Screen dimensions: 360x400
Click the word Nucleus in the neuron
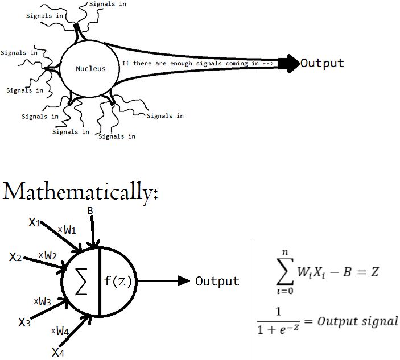pos(90,69)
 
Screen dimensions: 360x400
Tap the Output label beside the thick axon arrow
pos(322,63)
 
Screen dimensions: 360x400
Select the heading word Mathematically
pos(80,192)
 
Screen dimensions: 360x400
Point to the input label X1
pos(35,222)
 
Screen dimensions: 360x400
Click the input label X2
pos(16,256)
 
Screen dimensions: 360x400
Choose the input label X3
pos(24,322)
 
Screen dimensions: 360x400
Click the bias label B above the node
pos(90,212)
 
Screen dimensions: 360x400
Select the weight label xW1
pos(67,230)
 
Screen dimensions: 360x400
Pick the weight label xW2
pos(48,255)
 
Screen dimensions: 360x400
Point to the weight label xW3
pos(42,301)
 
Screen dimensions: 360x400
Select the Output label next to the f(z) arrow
pos(217,281)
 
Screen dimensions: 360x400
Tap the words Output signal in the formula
pos(358,321)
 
